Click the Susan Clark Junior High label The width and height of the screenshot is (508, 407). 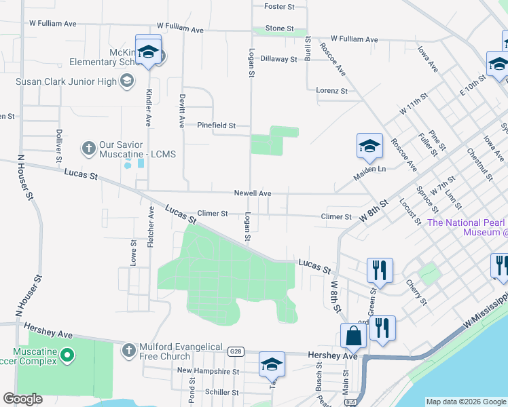66,82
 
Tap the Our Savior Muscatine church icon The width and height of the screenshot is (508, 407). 88,147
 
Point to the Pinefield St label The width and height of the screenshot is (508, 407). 216,125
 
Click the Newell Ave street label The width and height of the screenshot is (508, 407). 253,193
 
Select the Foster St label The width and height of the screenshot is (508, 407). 278,7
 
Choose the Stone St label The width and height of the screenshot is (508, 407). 279,28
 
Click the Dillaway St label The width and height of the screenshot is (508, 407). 278,59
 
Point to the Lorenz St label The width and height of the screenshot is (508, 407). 331,90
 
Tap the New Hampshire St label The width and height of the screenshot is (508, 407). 208,371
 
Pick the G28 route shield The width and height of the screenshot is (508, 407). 236,351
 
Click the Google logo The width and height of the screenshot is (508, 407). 22,399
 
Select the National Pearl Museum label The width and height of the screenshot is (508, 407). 467,227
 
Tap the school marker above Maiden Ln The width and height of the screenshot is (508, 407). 369,145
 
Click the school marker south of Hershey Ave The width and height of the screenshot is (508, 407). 272,365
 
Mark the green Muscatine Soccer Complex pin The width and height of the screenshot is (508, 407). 67,355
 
